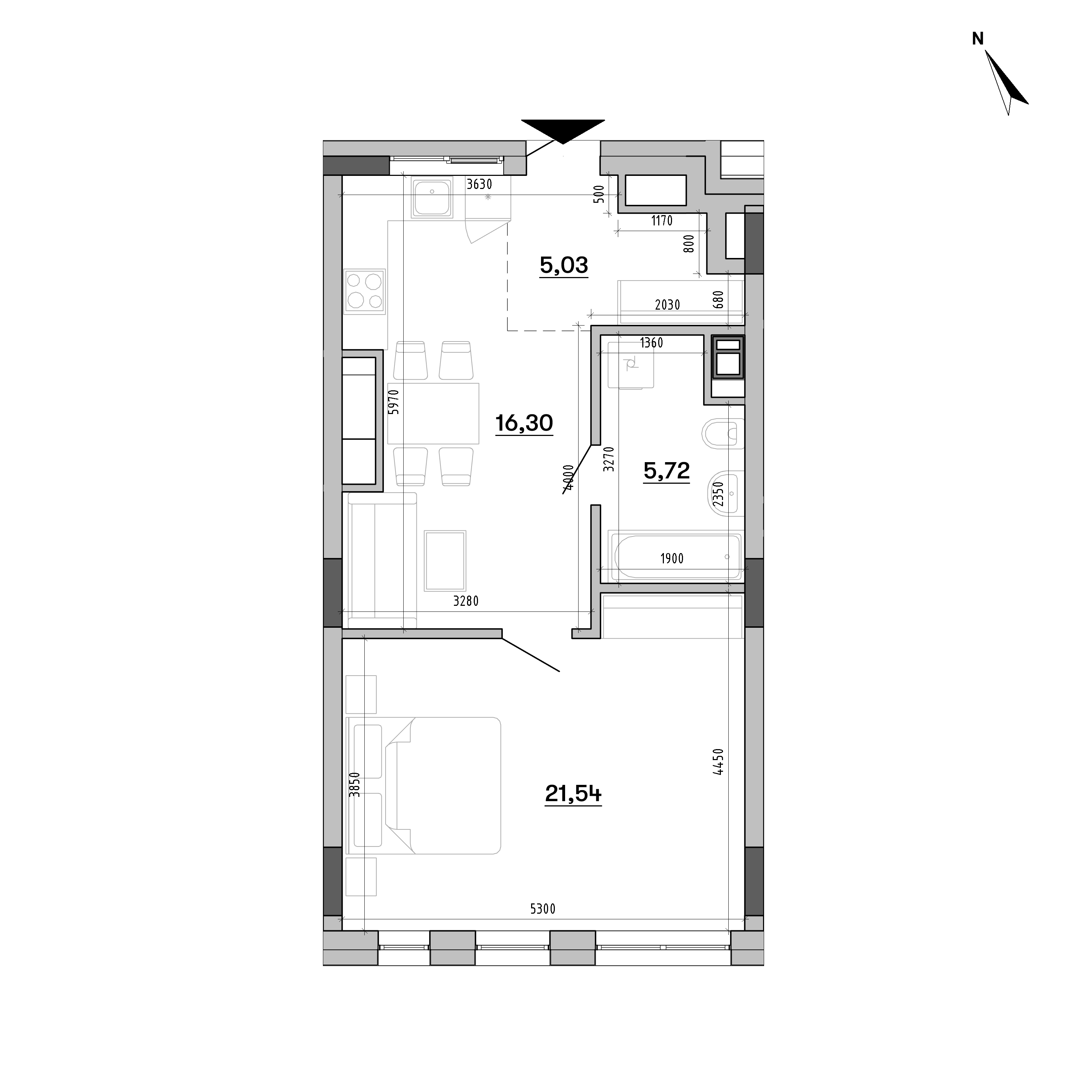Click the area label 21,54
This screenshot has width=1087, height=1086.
pyautogui.click(x=573, y=794)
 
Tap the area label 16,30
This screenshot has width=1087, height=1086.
pyautogui.click(x=524, y=423)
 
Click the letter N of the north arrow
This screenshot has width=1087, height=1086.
pyautogui.click(x=978, y=38)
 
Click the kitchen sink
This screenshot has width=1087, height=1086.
pyautogui.click(x=432, y=197)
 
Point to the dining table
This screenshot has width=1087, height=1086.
pyautogui.click(x=433, y=413)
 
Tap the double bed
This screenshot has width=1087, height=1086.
pyautogui.click(x=423, y=785)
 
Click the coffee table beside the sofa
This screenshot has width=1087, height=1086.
pyautogui.click(x=445, y=561)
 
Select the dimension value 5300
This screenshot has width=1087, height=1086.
pyautogui.click(x=542, y=909)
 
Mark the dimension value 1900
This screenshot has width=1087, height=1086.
pyautogui.click(x=672, y=558)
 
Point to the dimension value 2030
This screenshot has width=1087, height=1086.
pyautogui.click(x=667, y=305)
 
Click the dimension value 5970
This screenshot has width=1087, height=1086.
pyautogui.click(x=393, y=402)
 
